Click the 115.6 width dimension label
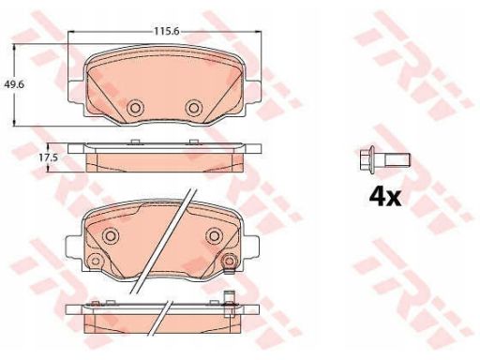tap(166, 31)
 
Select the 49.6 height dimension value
tap(14, 84)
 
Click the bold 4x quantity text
tap(385, 197)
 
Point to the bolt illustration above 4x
tap(385, 159)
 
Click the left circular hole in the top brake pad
tap(135, 108)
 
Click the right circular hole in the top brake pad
tap(194, 108)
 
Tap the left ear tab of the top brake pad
tap(76, 91)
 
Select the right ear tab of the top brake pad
tap(253, 91)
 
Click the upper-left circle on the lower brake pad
tap(111, 235)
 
